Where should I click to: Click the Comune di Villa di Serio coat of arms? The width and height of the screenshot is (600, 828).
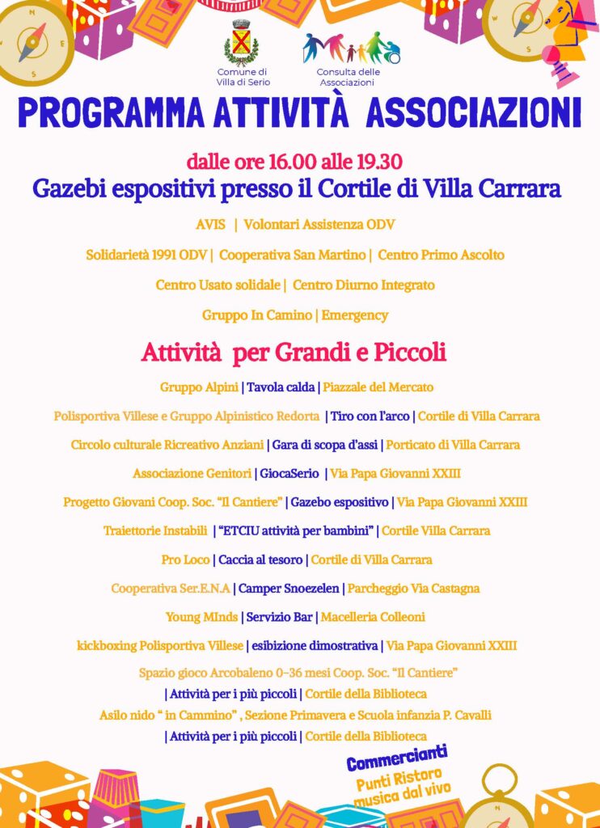tap(240, 43)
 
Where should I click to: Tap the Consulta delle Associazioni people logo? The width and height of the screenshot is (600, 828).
tap(351, 48)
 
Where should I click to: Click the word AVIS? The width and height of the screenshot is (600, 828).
tap(210, 224)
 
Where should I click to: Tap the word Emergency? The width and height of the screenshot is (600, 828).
tap(355, 315)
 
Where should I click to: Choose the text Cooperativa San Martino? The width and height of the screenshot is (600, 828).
tap(293, 255)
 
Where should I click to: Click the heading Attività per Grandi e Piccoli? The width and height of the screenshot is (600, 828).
tap(294, 353)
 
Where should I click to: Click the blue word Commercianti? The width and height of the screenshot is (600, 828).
tap(397, 760)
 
